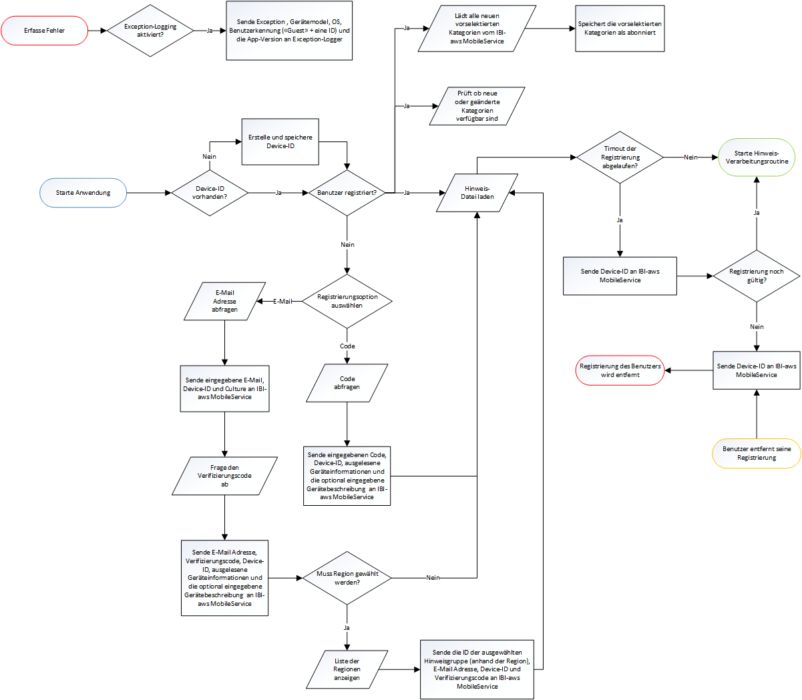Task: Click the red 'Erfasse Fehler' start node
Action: coord(45,31)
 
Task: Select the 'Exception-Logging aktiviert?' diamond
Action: coord(150,31)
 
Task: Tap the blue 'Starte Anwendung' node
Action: coord(83,193)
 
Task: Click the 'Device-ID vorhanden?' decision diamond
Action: coord(210,193)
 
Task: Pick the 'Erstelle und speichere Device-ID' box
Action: coord(280,141)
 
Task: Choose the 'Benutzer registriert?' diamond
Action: coord(347,193)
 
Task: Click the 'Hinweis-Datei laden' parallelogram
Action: coord(477,193)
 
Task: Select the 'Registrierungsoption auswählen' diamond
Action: coord(347,302)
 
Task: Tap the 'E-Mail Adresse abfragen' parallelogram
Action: coord(224,301)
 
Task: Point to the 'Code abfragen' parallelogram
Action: coord(347,383)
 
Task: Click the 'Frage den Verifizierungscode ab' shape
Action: coord(224,476)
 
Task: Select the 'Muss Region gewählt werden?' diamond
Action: coord(347,578)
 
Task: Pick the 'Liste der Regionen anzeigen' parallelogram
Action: coord(347,669)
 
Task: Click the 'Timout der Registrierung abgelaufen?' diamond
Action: coord(620,157)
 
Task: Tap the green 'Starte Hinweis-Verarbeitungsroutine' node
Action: coord(756,157)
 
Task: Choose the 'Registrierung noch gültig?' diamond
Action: coord(756,276)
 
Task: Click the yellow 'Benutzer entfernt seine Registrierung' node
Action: coord(756,453)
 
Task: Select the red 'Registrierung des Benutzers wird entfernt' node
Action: coord(620,370)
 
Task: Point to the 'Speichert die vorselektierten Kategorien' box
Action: coord(620,28)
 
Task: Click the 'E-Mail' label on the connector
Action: coord(282,302)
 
